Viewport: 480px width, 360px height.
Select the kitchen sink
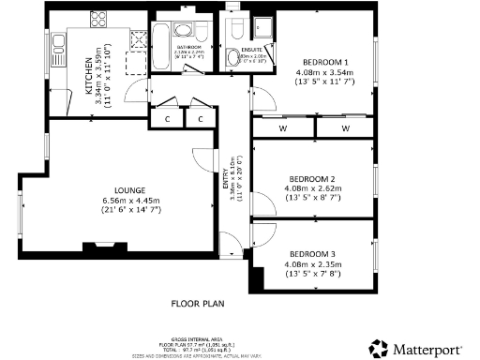[56, 41]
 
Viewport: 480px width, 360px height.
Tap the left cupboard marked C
[168, 119]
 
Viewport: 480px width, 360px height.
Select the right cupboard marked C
[200, 119]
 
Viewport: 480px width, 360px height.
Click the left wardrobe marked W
[282, 127]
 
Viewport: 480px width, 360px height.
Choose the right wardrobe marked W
[344, 127]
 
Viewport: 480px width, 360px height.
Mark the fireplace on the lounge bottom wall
[99, 248]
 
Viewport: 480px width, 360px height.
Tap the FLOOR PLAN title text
[198, 304]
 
